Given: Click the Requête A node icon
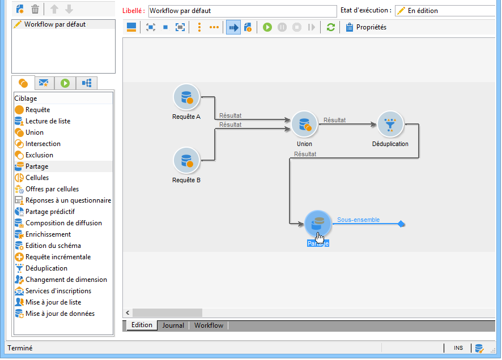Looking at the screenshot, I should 186,97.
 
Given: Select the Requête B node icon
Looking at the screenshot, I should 186,160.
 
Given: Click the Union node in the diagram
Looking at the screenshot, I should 304,124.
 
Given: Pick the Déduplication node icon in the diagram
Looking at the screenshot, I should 390,124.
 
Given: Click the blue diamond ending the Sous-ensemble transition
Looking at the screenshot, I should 401,224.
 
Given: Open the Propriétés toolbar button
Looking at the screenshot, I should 366,27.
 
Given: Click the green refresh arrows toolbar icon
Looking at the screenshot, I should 331,27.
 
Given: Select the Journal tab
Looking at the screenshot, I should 173,325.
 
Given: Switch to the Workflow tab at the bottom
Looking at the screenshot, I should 209,325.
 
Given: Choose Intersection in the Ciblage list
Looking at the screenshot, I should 43,144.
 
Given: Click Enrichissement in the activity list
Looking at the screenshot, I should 48,234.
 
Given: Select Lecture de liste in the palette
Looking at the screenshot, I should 48,121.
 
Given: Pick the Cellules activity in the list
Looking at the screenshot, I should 37,178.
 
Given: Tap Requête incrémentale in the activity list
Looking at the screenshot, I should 58,257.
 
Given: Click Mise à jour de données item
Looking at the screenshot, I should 60,314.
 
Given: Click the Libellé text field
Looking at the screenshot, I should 243,11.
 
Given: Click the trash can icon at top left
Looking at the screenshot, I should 35,9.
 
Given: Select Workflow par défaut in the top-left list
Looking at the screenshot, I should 55,25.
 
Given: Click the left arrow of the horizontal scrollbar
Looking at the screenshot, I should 128,313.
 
